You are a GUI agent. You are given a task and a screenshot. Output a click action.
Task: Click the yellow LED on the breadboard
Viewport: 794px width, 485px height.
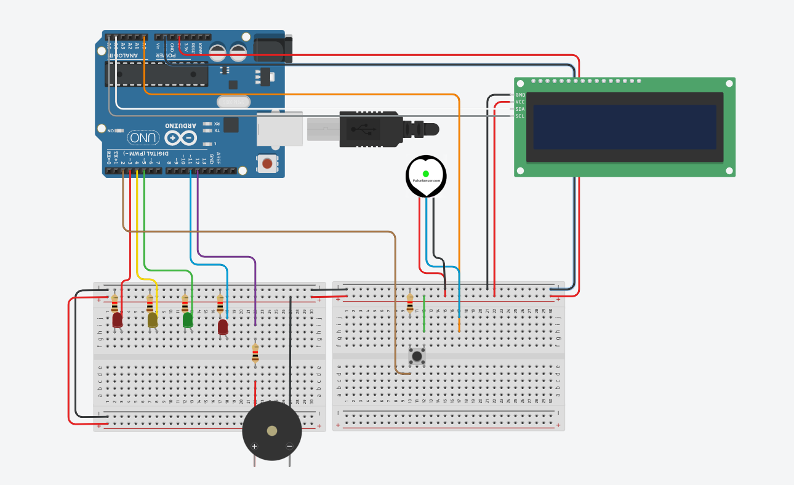pyautogui.click(x=153, y=319)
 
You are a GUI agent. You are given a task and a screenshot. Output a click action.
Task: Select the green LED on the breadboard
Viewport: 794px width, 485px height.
pyautogui.click(x=188, y=319)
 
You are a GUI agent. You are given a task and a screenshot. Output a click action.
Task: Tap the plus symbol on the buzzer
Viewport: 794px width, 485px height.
pyautogui.click(x=254, y=446)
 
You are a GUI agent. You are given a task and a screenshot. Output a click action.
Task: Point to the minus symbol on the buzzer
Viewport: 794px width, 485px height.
pyautogui.click(x=289, y=446)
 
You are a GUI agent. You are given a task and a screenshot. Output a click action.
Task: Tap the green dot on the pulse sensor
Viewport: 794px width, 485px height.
pyautogui.click(x=426, y=174)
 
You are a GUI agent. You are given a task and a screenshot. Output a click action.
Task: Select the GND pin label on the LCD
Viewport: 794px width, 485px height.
pyautogui.click(x=520, y=95)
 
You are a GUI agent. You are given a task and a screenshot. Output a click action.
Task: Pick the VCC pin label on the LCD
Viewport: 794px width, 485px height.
pyautogui.click(x=520, y=102)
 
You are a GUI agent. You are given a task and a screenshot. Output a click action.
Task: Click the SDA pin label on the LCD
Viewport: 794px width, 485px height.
pyautogui.click(x=520, y=109)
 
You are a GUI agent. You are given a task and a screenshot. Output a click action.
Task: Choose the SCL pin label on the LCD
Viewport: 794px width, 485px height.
pyautogui.click(x=520, y=116)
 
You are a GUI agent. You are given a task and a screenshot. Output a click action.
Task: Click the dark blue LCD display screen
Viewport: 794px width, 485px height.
pyautogui.click(x=625, y=127)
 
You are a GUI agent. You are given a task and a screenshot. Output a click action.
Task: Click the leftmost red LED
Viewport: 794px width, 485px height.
pyautogui.click(x=118, y=319)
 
